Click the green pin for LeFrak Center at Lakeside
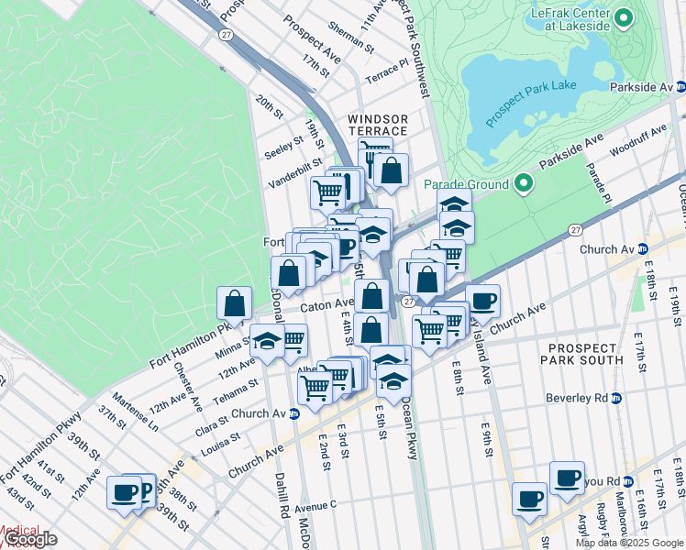click(625, 17)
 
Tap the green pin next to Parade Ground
click(524, 184)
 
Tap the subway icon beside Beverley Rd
click(616, 398)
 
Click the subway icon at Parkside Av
click(680, 87)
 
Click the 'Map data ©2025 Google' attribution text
click(629, 543)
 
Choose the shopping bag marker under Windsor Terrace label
click(391, 170)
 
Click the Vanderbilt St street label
click(295, 172)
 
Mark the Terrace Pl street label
click(387, 70)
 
